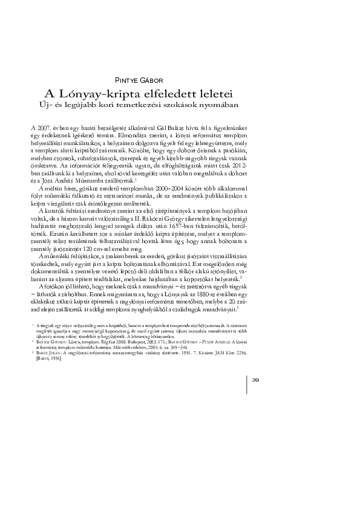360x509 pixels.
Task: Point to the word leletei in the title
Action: click(x=214, y=94)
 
